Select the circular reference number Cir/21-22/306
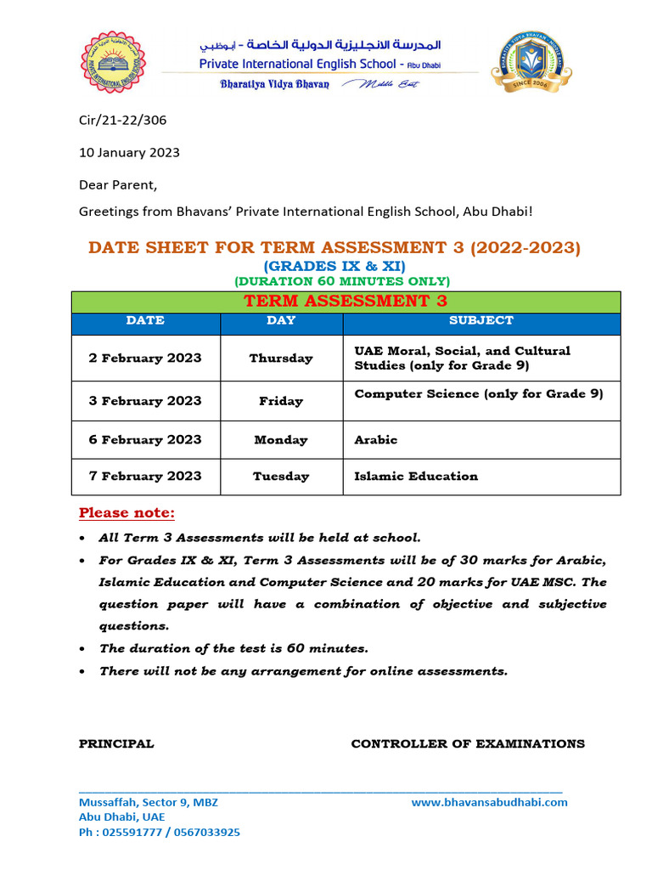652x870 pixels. point(122,120)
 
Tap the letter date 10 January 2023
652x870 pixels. point(129,153)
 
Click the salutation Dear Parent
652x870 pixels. point(118,184)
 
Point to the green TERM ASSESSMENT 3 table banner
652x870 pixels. point(346,302)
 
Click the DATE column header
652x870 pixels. point(145,321)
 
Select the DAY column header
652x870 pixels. point(281,321)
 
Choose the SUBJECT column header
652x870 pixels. point(481,321)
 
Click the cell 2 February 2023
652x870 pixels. point(145,358)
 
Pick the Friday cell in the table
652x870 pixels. point(281,401)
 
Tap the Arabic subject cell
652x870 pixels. point(375,440)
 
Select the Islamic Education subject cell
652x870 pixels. point(416,477)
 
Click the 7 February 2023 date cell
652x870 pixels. point(145,477)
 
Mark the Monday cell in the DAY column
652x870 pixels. point(281,440)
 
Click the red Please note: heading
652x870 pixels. point(126,513)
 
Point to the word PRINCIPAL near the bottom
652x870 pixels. point(116,743)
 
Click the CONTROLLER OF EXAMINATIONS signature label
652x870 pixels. point(468,743)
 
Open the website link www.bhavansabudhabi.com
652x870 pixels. point(489,802)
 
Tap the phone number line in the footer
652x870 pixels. point(159,833)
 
